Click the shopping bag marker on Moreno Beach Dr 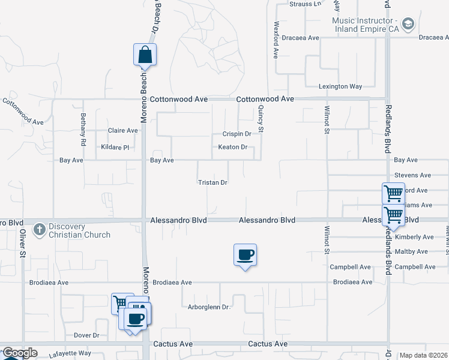coord(145,55)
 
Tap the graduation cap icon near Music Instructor coord(408,24)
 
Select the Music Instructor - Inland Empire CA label coord(366,24)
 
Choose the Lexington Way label coord(340,86)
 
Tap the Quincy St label coord(261,117)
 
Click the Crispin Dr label coord(237,134)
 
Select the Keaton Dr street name coord(233,147)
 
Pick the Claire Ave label coord(123,130)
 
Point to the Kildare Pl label coord(115,147)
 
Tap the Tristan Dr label coord(212,182)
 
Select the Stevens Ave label coord(413,175)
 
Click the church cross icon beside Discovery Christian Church coord(40,230)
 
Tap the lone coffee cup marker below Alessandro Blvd coord(245,255)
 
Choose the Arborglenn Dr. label coord(209,307)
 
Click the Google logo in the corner coord(19,353)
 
